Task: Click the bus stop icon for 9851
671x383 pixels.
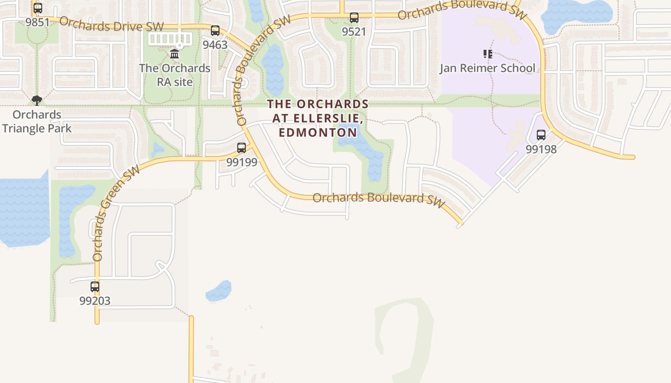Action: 38,8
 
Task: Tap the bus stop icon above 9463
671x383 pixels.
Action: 215,31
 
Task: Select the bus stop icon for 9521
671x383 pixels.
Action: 354,18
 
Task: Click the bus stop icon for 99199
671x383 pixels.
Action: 242,148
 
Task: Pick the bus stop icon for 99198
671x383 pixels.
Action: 541,135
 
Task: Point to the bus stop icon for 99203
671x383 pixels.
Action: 95,287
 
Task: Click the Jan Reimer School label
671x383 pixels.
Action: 487,68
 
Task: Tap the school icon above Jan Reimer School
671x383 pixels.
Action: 487,54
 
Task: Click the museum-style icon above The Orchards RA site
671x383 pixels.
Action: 174,54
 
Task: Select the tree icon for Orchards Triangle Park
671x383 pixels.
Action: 37,100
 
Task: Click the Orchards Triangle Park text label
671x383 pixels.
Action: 37,122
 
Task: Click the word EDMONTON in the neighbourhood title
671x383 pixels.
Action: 318,133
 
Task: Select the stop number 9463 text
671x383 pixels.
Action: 215,45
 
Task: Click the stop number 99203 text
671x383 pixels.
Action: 95,301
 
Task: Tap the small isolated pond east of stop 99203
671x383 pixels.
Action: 219,291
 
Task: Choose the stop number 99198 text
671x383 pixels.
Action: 541,149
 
